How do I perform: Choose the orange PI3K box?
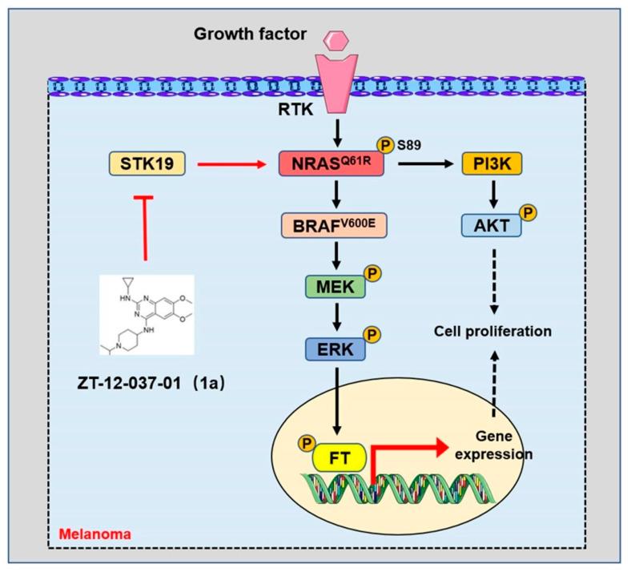(491, 164)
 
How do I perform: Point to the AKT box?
(491, 225)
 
